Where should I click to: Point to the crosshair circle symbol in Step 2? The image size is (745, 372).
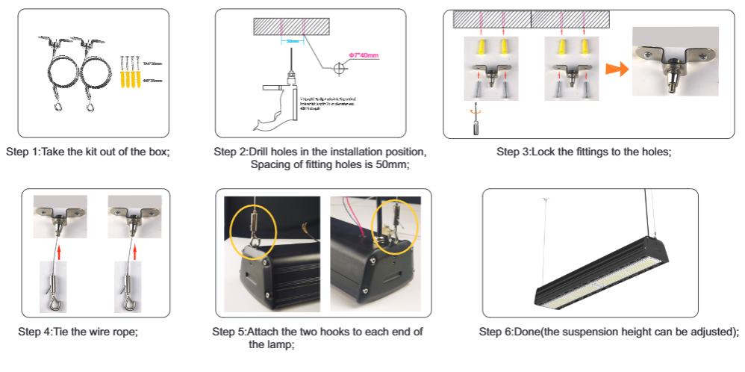[340, 68]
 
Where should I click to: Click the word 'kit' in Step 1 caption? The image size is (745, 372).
[97, 152]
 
